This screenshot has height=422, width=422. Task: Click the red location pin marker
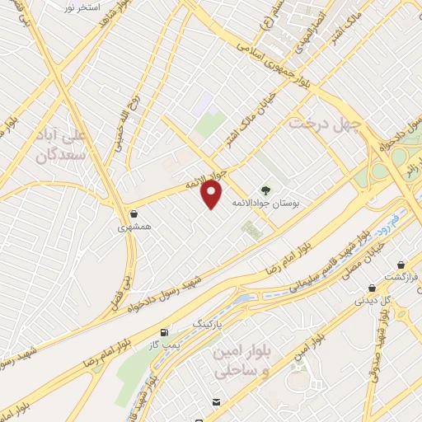213,194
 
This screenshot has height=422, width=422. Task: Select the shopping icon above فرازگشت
401,265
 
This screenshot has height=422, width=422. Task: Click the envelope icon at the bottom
215,401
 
